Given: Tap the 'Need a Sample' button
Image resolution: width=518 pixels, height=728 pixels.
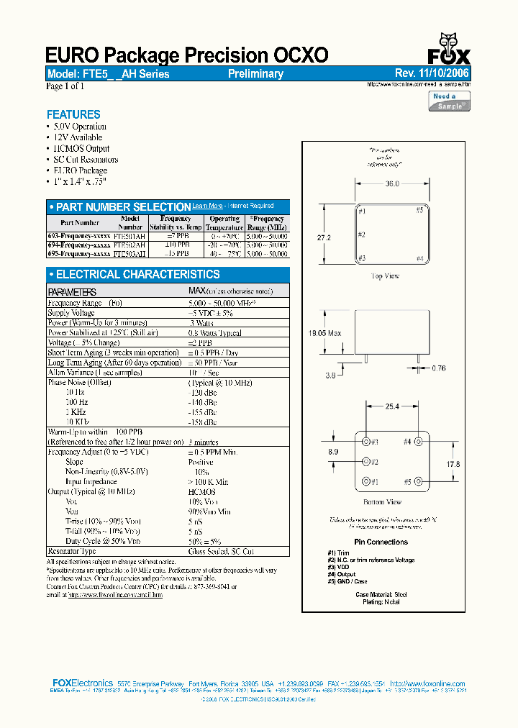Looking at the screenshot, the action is tap(450, 101).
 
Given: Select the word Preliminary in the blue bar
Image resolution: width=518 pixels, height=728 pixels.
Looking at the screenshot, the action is tap(255, 74).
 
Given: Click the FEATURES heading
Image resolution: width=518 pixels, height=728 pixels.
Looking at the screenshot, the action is tap(73, 114).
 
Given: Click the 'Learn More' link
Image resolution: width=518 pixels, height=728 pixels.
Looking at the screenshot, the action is tap(207, 206).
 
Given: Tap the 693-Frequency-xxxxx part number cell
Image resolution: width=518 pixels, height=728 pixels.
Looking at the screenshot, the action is tap(80, 236).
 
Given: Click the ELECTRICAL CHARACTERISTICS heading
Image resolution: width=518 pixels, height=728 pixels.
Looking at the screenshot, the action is tap(137, 274).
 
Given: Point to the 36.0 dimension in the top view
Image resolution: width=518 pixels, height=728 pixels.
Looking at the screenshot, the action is tap(392, 184).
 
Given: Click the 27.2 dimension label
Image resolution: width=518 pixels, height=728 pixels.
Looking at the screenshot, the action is tap(324, 237).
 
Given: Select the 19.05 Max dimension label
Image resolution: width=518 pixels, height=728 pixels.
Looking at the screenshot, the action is tap(325, 333).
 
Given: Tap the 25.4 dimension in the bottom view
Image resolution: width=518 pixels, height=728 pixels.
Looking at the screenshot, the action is tap(392, 406).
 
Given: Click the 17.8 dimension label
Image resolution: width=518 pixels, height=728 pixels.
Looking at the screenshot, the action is tap(453, 465).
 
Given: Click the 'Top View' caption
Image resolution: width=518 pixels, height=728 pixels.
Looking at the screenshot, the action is tap(385, 276).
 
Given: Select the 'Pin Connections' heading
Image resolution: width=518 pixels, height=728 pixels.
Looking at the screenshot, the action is tap(381, 542).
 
